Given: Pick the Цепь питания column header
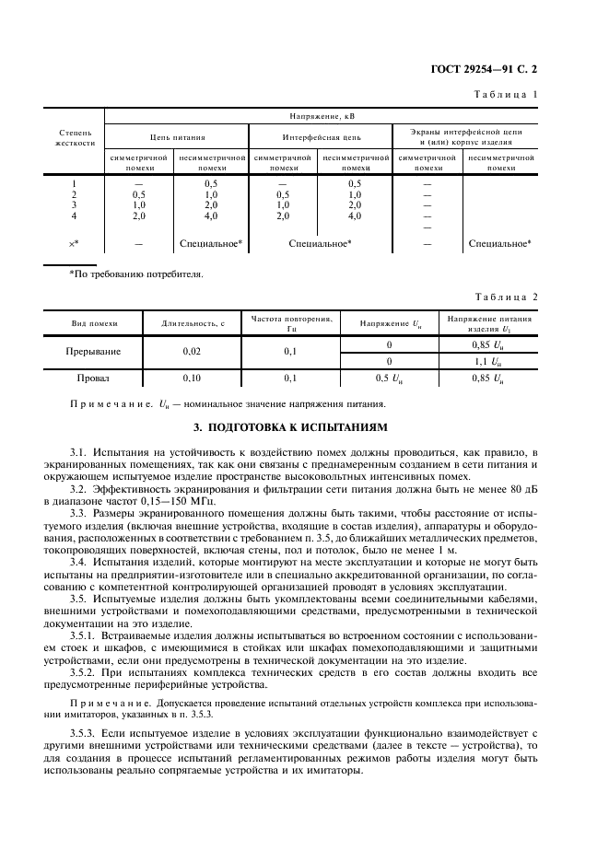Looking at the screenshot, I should click(177, 137).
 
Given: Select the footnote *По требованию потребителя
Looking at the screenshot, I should click(136, 274).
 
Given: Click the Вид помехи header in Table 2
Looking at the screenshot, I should click(95, 323).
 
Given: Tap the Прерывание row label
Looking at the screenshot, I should click(92, 351).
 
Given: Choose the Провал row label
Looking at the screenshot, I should click(92, 378).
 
